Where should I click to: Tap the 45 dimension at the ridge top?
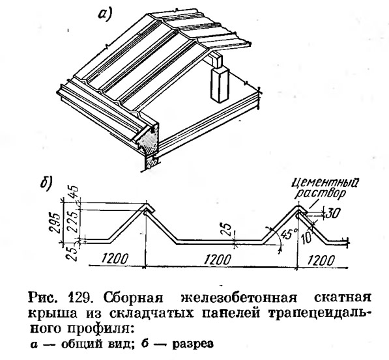(74, 193)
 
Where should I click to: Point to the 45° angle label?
(287, 234)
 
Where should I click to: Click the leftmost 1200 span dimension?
(115, 259)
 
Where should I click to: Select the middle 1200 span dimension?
(218, 259)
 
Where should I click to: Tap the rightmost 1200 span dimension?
(321, 260)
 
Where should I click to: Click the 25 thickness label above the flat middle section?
(227, 230)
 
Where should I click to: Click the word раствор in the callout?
(320, 194)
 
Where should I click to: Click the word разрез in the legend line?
(192, 344)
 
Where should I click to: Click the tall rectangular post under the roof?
(220, 84)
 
